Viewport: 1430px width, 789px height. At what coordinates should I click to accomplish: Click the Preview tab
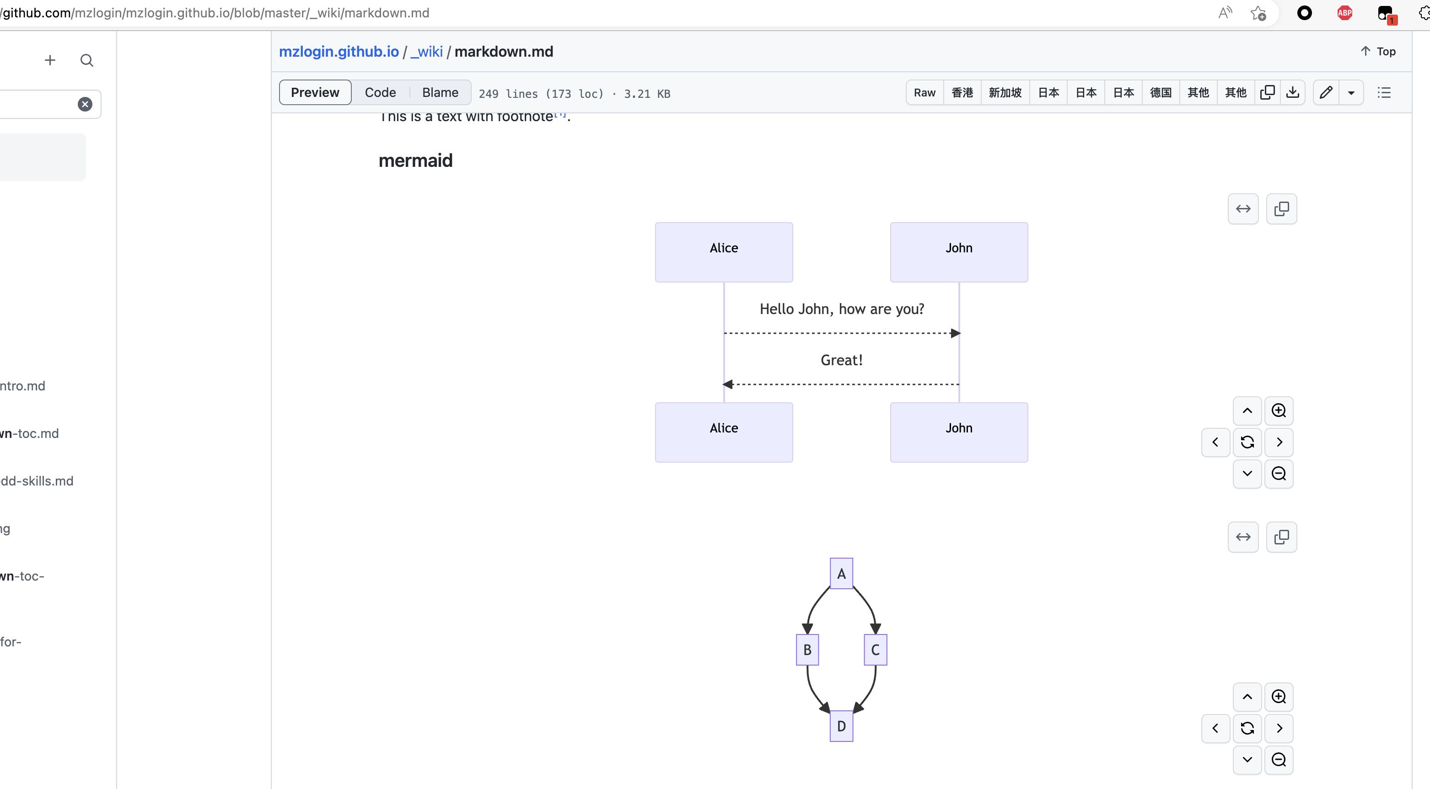315,93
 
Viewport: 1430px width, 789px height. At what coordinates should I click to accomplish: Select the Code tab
380,93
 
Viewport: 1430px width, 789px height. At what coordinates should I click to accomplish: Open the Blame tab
440,93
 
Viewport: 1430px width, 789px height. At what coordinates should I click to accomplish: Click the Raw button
924,93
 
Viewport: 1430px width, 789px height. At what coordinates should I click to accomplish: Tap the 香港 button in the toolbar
962,93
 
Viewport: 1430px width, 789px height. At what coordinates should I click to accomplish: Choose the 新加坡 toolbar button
1005,93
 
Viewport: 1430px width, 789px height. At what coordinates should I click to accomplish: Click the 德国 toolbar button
1160,93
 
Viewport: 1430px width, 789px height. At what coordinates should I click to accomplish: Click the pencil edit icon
1326,93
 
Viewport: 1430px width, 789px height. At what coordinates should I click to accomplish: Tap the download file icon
1292,93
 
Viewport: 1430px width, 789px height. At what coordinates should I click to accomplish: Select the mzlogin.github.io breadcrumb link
339,52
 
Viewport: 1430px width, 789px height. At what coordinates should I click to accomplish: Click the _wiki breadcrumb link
426,52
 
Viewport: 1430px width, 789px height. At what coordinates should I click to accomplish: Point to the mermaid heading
415,161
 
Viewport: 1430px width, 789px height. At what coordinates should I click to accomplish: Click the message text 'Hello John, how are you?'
842,309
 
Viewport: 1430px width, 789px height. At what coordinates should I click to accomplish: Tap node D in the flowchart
841,726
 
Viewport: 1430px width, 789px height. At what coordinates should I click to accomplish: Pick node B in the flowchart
807,650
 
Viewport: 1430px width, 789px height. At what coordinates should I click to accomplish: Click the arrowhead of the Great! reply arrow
728,384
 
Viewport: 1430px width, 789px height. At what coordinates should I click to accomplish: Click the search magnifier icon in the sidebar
86,60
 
